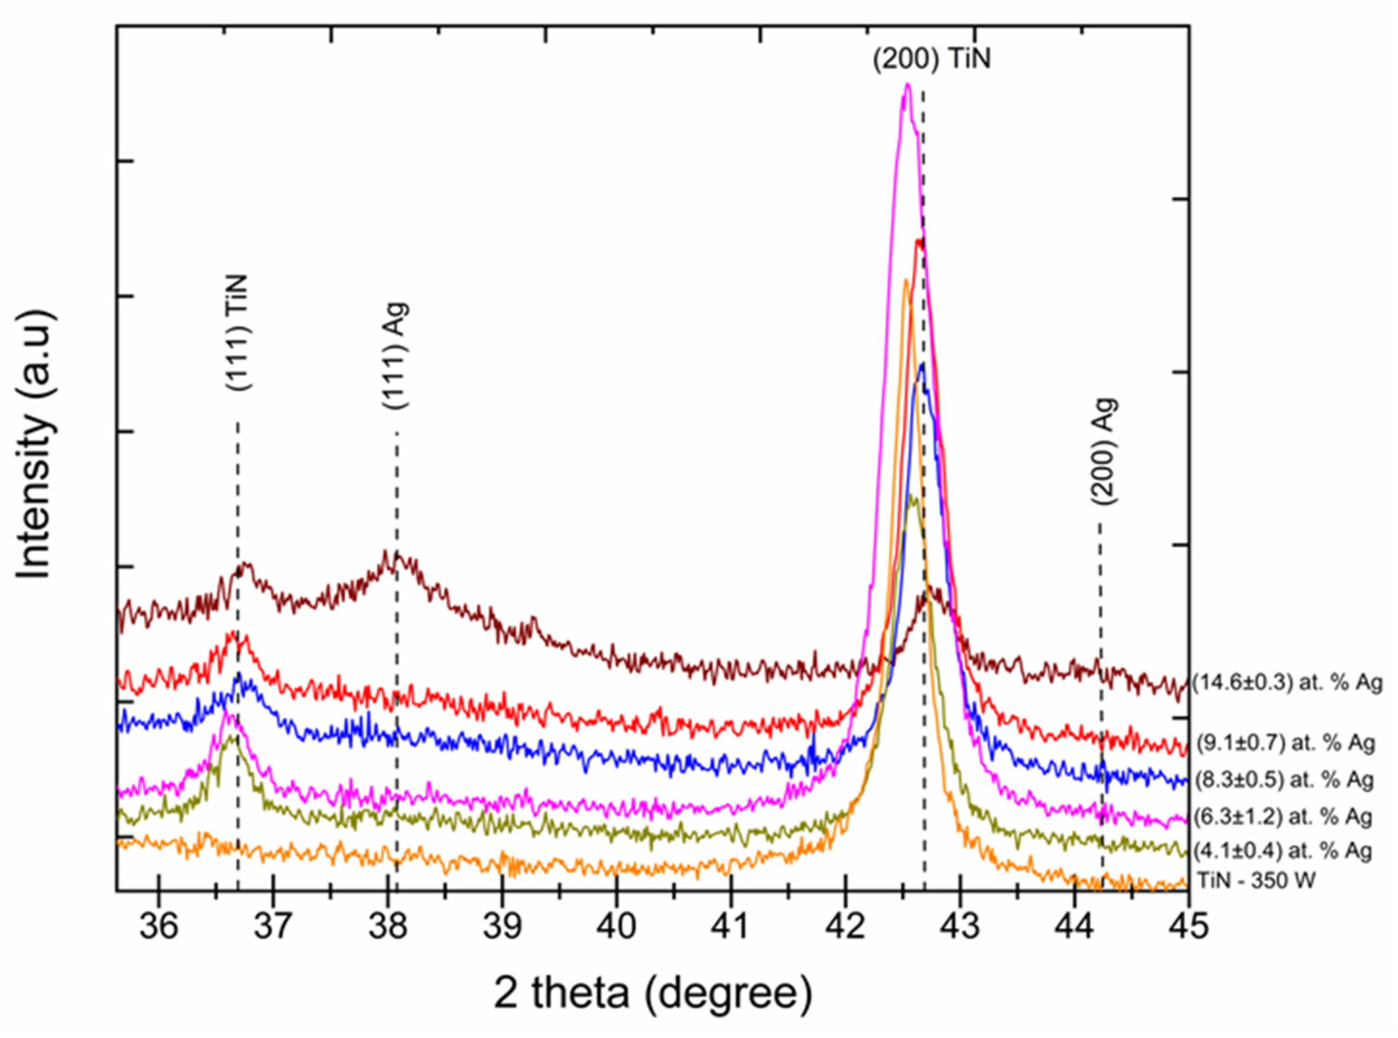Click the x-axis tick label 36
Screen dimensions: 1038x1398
tap(159, 926)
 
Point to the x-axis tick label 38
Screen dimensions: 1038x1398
tap(388, 926)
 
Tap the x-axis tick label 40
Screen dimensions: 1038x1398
tap(617, 926)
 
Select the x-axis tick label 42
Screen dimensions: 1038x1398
tap(845, 926)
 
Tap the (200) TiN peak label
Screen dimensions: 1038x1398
tap(932, 60)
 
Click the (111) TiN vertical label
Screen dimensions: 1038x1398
tap(238, 332)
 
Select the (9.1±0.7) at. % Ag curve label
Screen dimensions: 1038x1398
tap(1283, 743)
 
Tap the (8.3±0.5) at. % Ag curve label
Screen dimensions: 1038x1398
tap(1282, 780)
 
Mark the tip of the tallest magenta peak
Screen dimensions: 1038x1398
tap(906, 84)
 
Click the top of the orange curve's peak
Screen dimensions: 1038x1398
tap(905, 280)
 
